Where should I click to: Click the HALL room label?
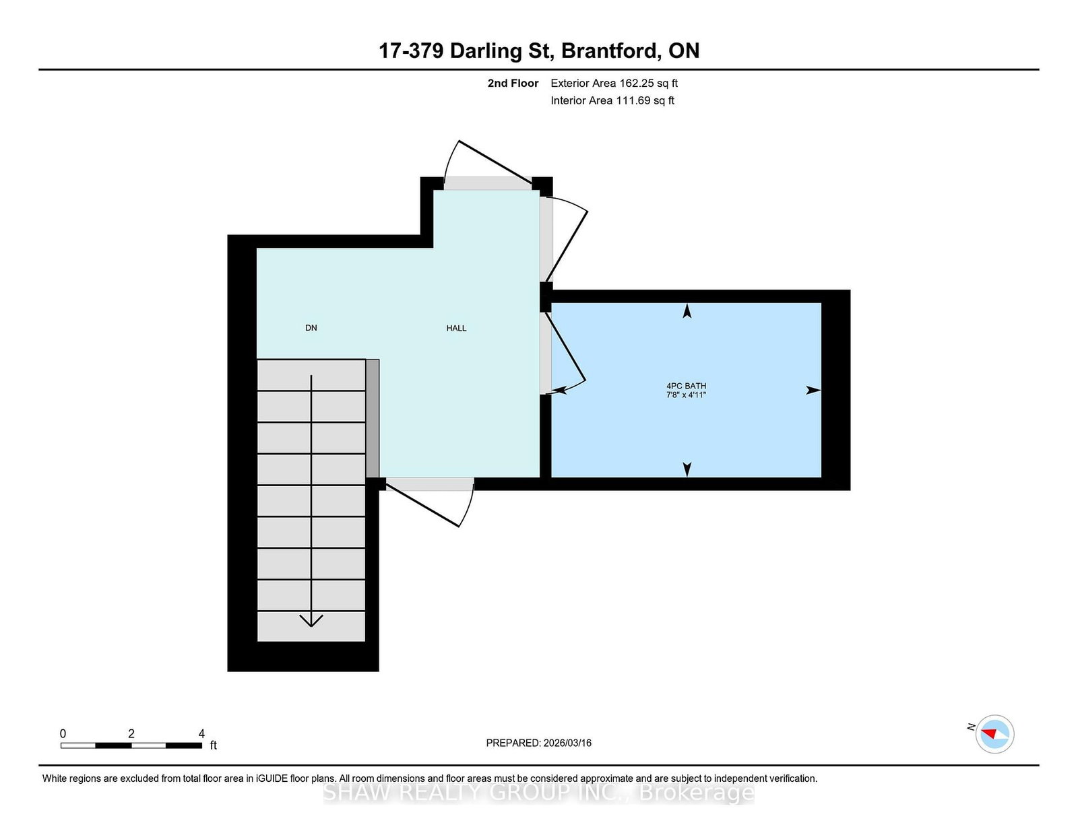click(456, 328)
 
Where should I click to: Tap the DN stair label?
click(311, 328)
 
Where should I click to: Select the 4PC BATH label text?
click(686, 386)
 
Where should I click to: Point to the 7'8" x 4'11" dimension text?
click(686, 395)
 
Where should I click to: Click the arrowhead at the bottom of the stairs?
click(311, 620)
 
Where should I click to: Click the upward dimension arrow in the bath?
click(687, 311)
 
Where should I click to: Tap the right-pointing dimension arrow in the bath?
click(814, 390)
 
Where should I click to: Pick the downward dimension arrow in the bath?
click(687, 469)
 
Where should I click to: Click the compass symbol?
click(994, 734)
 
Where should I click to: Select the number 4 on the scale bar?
click(201, 733)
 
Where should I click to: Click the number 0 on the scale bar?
click(63, 733)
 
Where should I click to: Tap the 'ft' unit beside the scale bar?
click(214, 745)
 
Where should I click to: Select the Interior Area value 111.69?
click(633, 100)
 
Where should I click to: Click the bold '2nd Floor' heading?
click(513, 84)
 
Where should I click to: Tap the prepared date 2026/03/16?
click(567, 743)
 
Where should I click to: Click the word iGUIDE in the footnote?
click(272, 778)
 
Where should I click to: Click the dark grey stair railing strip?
click(373, 418)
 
